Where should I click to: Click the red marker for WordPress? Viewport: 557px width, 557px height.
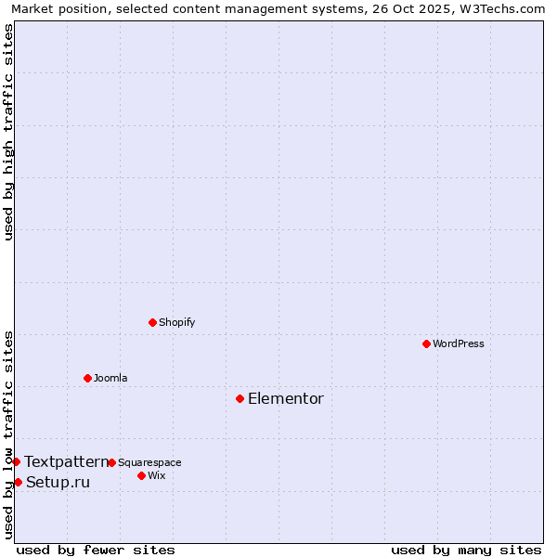[426, 343]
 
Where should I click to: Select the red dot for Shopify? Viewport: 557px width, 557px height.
[152, 322]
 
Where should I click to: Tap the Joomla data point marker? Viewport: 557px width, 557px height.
[87, 378]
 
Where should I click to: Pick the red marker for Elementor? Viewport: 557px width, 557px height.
[240, 398]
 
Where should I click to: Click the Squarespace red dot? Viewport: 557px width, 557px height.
[111, 462]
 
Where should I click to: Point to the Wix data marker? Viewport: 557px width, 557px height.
[141, 475]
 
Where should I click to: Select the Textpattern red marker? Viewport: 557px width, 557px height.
[16, 461]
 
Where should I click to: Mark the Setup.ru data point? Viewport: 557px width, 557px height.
[18, 482]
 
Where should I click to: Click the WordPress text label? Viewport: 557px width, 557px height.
[459, 344]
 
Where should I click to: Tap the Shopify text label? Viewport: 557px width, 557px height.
[176, 323]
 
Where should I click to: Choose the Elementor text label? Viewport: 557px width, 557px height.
[286, 399]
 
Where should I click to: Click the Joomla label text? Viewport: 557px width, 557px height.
[110, 379]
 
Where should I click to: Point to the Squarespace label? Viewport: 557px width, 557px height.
[149, 463]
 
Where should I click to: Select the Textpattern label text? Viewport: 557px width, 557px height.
[66, 461]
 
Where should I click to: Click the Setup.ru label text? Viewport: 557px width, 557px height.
[58, 483]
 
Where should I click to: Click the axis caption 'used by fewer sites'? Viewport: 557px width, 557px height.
[96, 550]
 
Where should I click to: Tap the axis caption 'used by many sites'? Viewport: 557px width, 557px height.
[466, 550]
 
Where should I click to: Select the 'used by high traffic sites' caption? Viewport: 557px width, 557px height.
[9, 132]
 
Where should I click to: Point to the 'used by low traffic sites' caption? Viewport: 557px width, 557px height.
[9, 434]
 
